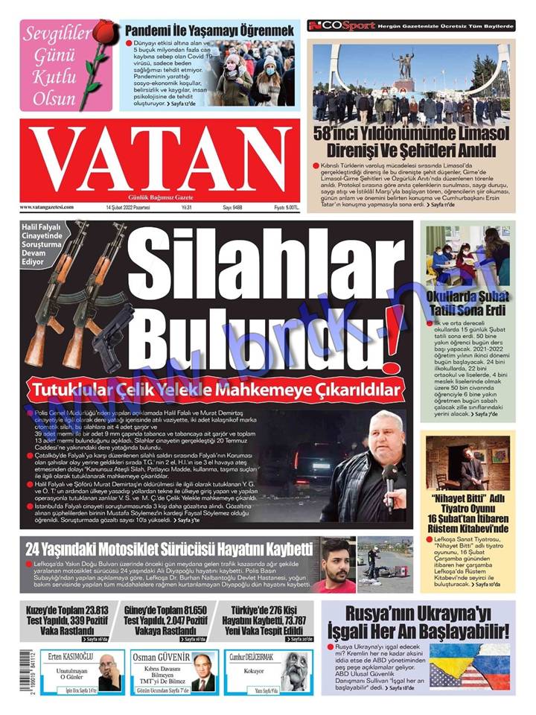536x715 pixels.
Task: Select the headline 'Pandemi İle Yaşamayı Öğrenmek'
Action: coord(208,31)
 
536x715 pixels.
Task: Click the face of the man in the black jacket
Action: coord(386,439)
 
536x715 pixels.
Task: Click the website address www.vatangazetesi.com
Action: coord(48,207)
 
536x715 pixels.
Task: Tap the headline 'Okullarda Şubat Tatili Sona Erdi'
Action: coord(468,300)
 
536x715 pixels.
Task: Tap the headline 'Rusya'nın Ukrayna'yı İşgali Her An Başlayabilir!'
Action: coord(418,623)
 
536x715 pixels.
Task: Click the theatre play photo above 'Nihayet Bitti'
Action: coord(468,461)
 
